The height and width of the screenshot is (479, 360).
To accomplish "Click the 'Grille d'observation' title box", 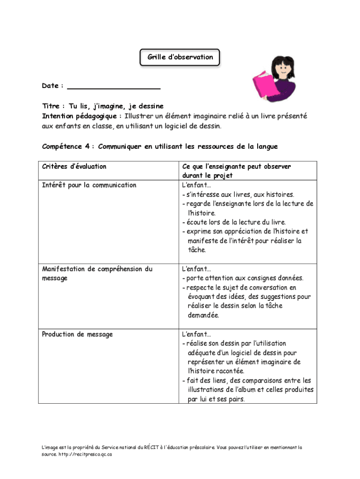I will pyautogui.click(x=180, y=58).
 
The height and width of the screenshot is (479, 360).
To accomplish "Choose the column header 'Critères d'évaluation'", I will pyautogui.click(x=74, y=167).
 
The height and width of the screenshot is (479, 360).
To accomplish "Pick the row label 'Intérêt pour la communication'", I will pyautogui.click(x=89, y=185).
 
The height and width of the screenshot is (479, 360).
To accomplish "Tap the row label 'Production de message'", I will pyautogui.click(x=77, y=334).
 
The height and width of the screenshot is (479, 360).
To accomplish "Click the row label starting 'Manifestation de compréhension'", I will pyautogui.click(x=97, y=269).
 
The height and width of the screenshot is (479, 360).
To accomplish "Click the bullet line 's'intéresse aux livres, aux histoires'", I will pyautogui.click(x=240, y=194).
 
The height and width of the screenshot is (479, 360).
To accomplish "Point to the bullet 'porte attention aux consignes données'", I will pyautogui.click(x=245, y=278).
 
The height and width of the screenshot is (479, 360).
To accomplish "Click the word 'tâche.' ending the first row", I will pyautogui.click(x=197, y=250).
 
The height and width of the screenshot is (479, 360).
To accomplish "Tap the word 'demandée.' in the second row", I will pyautogui.click(x=203, y=315).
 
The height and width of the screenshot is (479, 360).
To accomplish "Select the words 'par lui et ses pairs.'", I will pyautogui.click(x=216, y=399).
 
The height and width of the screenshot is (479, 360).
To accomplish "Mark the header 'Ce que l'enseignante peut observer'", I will pyautogui.click(x=237, y=167).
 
